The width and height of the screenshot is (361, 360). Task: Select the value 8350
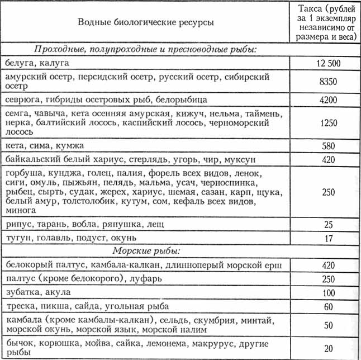click(328, 81)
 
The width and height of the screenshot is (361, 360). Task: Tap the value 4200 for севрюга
click(328, 100)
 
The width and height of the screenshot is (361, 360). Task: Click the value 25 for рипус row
click(328, 225)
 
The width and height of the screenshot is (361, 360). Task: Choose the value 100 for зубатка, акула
click(328, 292)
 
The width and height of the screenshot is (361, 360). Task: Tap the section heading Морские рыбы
click(145, 251)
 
